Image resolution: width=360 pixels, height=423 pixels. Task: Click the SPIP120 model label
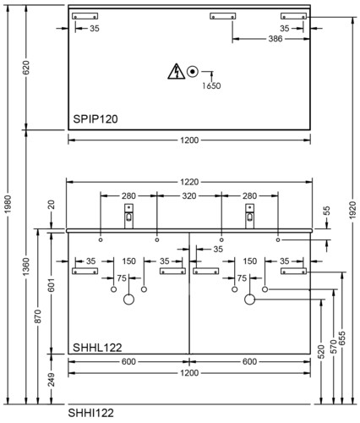[95, 119]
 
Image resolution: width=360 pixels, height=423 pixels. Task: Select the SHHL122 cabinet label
[97, 348]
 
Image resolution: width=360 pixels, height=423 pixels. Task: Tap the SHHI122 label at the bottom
[90, 413]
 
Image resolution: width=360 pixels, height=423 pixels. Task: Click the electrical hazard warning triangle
[177, 71]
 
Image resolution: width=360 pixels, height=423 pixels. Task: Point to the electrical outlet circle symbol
[193, 71]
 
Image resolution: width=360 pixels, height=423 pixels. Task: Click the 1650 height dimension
[211, 85]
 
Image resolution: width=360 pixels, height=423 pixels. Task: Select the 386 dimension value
[275, 39]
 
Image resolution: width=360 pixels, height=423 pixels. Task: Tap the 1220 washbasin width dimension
[189, 182]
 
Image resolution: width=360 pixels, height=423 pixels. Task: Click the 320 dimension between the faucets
[189, 195]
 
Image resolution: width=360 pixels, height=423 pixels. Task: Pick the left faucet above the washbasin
[128, 217]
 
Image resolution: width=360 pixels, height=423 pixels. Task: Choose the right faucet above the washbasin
[249, 217]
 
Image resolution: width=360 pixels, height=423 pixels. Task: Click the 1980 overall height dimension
[8, 204]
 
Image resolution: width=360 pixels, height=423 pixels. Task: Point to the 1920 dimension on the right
[352, 210]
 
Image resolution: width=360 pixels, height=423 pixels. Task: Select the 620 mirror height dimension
[25, 68]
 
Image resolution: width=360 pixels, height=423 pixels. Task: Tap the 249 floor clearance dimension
[51, 379]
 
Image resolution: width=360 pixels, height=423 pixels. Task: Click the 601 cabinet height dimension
[51, 285]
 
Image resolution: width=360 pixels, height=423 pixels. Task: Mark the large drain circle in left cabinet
[128, 299]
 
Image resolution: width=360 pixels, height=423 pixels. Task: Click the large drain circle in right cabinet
[249, 299]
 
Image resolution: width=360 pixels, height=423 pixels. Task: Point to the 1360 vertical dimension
[25, 266]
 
